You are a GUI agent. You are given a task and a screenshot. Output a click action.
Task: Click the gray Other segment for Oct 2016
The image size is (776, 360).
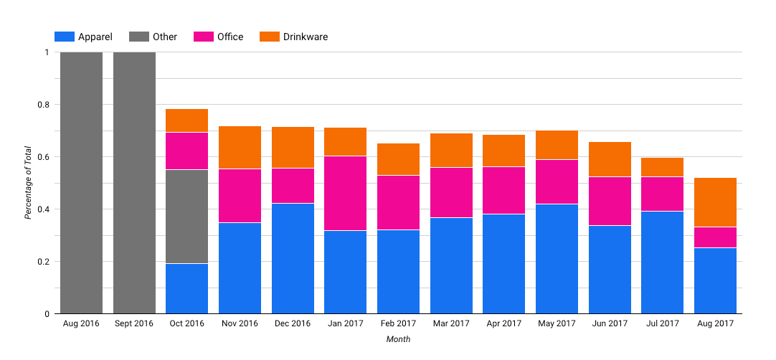click(x=186, y=217)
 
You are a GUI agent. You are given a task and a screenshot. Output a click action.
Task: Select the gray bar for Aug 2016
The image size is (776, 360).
click(x=81, y=183)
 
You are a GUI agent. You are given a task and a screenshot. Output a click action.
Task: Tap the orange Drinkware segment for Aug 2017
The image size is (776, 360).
click(x=715, y=202)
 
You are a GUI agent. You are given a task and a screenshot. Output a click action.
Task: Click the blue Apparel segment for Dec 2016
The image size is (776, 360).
click(x=293, y=258)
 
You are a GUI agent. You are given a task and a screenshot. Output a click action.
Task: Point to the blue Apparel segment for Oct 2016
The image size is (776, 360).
click(x=186, y=288)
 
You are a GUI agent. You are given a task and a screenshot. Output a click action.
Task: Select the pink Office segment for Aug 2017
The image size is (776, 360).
click(x=715, y=237)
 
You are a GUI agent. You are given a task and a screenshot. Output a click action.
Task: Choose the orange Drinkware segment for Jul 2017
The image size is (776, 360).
click(x=662, y=167)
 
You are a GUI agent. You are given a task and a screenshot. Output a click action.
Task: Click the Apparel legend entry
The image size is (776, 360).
click(x=84, y=37)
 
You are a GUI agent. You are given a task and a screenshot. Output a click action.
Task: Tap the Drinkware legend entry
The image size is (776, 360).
click(x=294, y=37)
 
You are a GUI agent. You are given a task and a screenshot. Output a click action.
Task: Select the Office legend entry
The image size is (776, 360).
click(x=219, y=37)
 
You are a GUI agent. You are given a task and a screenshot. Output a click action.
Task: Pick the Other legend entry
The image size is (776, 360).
click(x=153, y=37)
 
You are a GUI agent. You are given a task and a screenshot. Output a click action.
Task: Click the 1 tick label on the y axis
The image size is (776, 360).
click(x=47, y=52)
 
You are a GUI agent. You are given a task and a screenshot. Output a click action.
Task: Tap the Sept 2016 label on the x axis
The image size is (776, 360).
click(x=134, y=323)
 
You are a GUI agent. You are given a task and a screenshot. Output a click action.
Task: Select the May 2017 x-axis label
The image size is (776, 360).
click(x=557, y=323)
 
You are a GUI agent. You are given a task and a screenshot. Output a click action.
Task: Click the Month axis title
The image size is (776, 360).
click(x=398, y=339)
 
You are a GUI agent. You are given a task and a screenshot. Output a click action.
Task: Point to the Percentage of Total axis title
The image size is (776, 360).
click(x=28, y=183)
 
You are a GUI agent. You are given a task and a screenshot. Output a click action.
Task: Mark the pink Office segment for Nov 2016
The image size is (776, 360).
click(x=240, y=196)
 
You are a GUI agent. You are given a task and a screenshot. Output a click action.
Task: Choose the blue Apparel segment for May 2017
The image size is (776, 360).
click(x=557, y=259)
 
